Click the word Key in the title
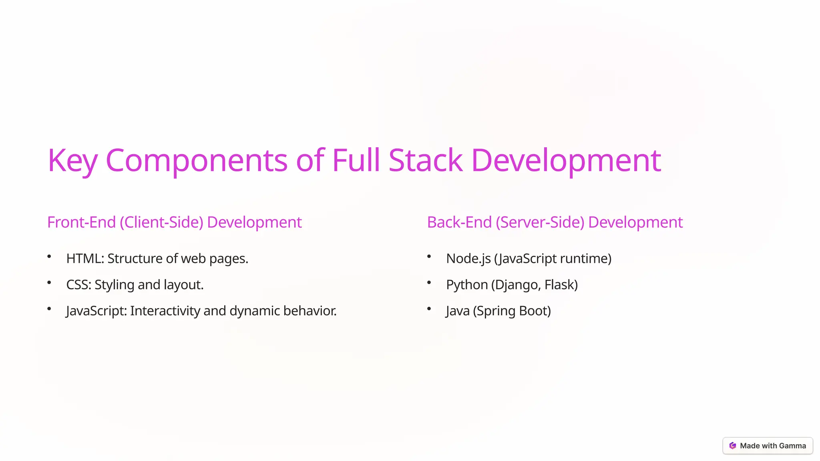coord(72,160)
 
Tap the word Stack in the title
coord(425,160)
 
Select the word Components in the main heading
coord(196,160)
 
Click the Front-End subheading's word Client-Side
coord(162,222)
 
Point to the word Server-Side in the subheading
coord(540,222)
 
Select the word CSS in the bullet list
coord(78,285)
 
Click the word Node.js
coord(468,259)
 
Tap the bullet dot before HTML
coord(49,257)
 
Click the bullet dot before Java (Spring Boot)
coord(429,309)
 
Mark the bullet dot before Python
coord(429,283)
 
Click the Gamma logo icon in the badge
coord(733,446)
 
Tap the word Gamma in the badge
coord(792,446)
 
